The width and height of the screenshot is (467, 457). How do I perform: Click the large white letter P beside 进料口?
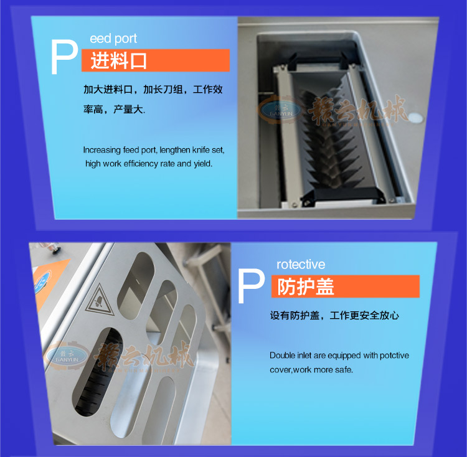64,57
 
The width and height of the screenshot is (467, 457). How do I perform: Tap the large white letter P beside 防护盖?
251,286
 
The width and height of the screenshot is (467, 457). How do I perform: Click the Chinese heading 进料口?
118,60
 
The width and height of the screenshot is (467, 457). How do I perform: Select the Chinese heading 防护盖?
306,286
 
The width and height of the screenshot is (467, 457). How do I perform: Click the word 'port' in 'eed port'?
126,39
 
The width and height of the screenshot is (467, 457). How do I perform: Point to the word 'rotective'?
301,265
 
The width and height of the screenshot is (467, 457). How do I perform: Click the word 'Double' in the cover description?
281,355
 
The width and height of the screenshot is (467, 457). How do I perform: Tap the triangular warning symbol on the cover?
99,300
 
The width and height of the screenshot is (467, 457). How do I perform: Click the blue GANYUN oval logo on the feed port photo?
281,110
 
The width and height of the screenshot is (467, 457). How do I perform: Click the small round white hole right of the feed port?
415,118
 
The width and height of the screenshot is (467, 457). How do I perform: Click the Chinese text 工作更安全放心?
364,315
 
